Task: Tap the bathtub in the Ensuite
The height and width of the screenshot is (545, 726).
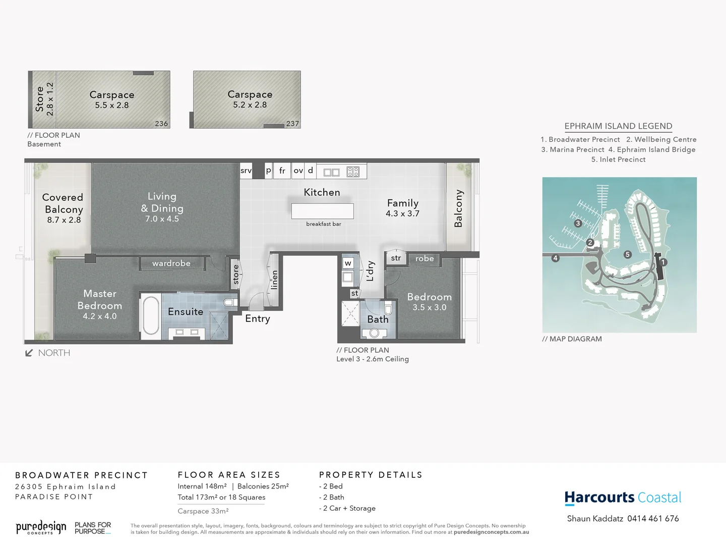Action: [150, 316]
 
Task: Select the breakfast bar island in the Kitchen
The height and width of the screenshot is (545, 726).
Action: [322, 211]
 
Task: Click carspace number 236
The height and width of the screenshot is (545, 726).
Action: [161, 124]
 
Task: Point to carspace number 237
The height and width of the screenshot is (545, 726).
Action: [292, 124]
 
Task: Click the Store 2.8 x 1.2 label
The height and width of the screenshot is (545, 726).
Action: [44, 99]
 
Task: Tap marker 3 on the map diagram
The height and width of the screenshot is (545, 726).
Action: [578, 223]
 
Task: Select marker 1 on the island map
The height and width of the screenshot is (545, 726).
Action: [663, 262]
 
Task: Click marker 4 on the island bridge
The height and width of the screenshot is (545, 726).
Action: [555, 258]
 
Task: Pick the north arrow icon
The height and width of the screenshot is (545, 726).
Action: [29, 353]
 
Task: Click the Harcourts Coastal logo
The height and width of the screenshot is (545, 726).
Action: [623, 498]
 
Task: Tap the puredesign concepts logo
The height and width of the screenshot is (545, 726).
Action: [41, 528]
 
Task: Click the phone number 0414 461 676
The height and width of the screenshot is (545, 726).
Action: [653, 519]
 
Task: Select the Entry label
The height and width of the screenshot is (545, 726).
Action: [257, 318]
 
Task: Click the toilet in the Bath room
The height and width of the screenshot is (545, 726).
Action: [388, 309]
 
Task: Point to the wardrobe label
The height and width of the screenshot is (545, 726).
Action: [171, 263]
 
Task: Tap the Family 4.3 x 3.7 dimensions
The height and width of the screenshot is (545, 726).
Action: [402, 213]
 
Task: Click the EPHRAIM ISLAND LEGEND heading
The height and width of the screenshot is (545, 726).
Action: [618, 126]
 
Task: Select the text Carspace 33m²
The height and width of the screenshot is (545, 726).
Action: [203, 511]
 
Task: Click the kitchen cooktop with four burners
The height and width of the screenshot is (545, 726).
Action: [353, 172]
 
